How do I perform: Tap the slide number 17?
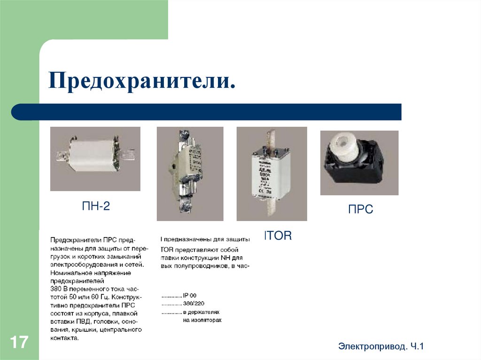coord(19,342)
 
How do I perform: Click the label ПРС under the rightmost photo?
coord(360,210)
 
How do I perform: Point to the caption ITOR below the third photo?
coord(278,236)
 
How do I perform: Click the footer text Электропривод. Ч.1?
coord(380,346)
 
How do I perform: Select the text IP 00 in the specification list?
coord(190,296)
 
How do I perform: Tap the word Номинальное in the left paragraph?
coord(70,273)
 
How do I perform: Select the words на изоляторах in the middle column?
coord(202,320)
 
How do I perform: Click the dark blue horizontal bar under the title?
coord(207,112)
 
